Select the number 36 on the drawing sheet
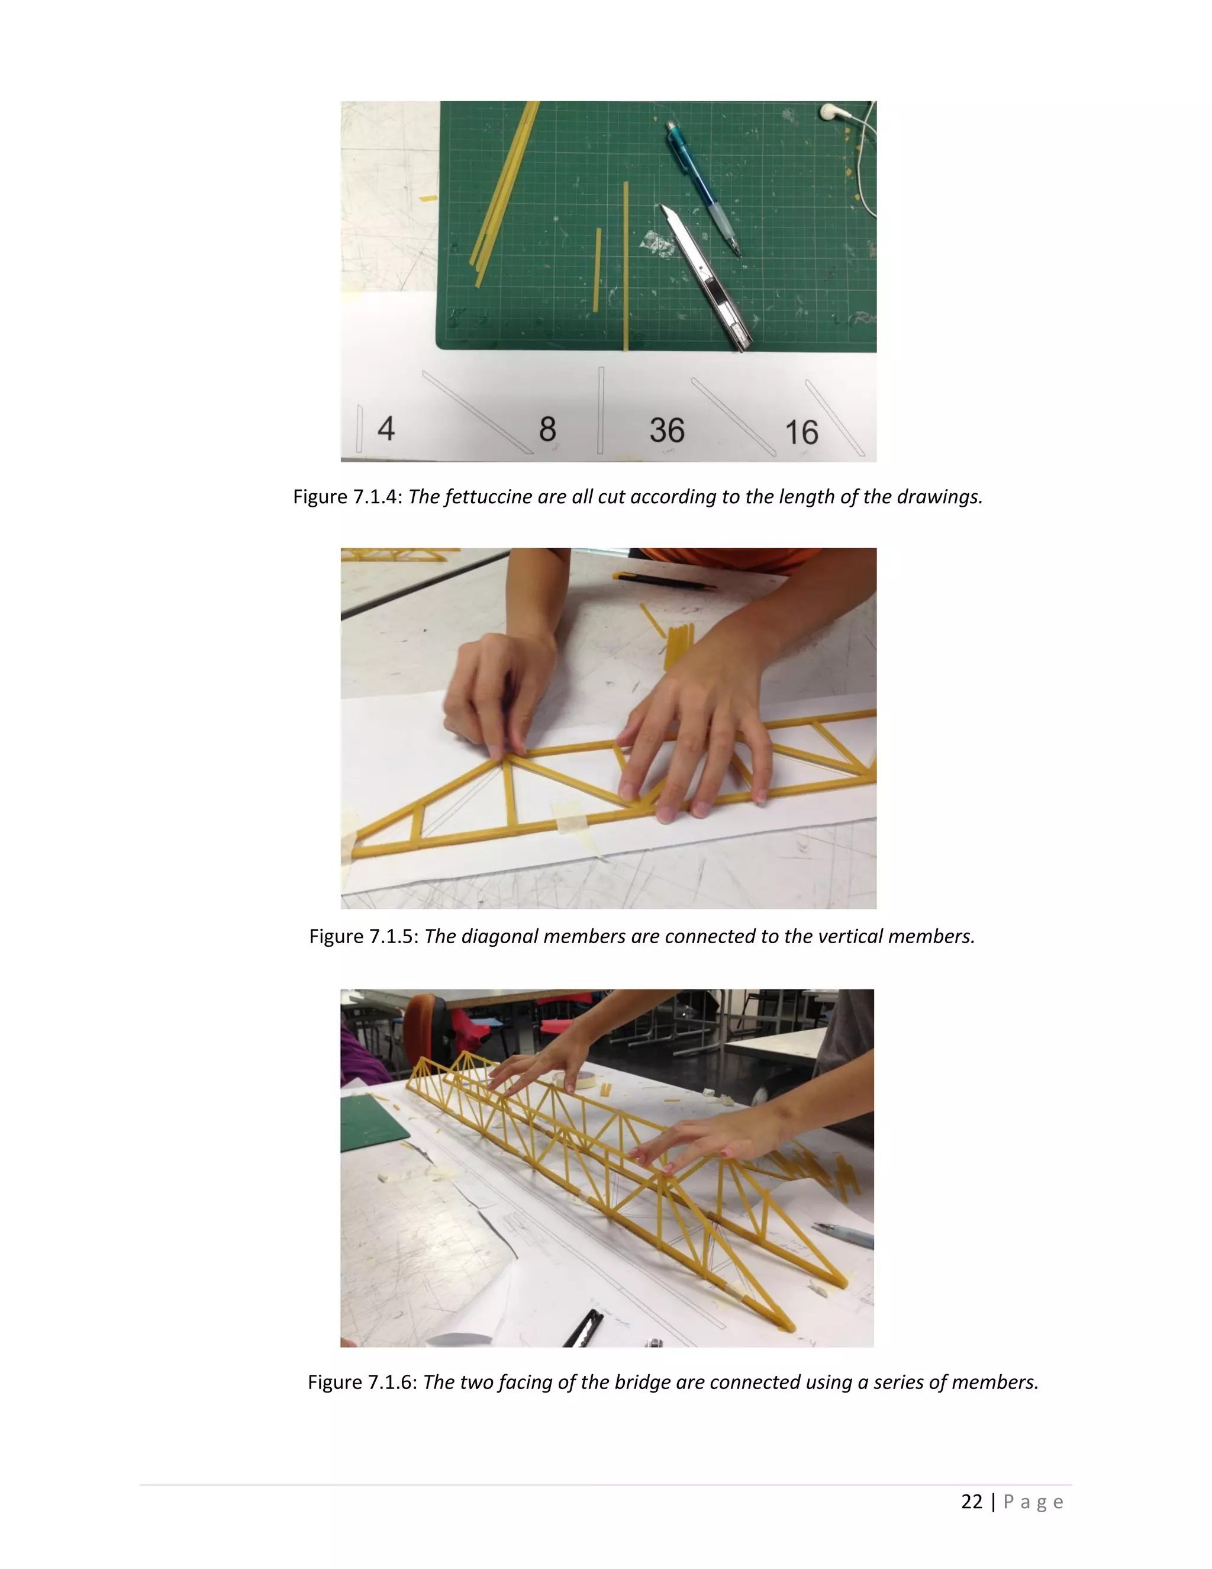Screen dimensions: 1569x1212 [x=667, y=430]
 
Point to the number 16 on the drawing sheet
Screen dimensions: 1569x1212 [x=801, y=432]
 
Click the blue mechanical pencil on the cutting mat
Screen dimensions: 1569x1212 [x=702, y=187]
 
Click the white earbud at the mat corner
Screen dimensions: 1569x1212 [x=833, y=111]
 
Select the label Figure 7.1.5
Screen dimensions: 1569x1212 [x=363, y=937]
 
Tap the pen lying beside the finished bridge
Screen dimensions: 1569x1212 [x=844, y=1235]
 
